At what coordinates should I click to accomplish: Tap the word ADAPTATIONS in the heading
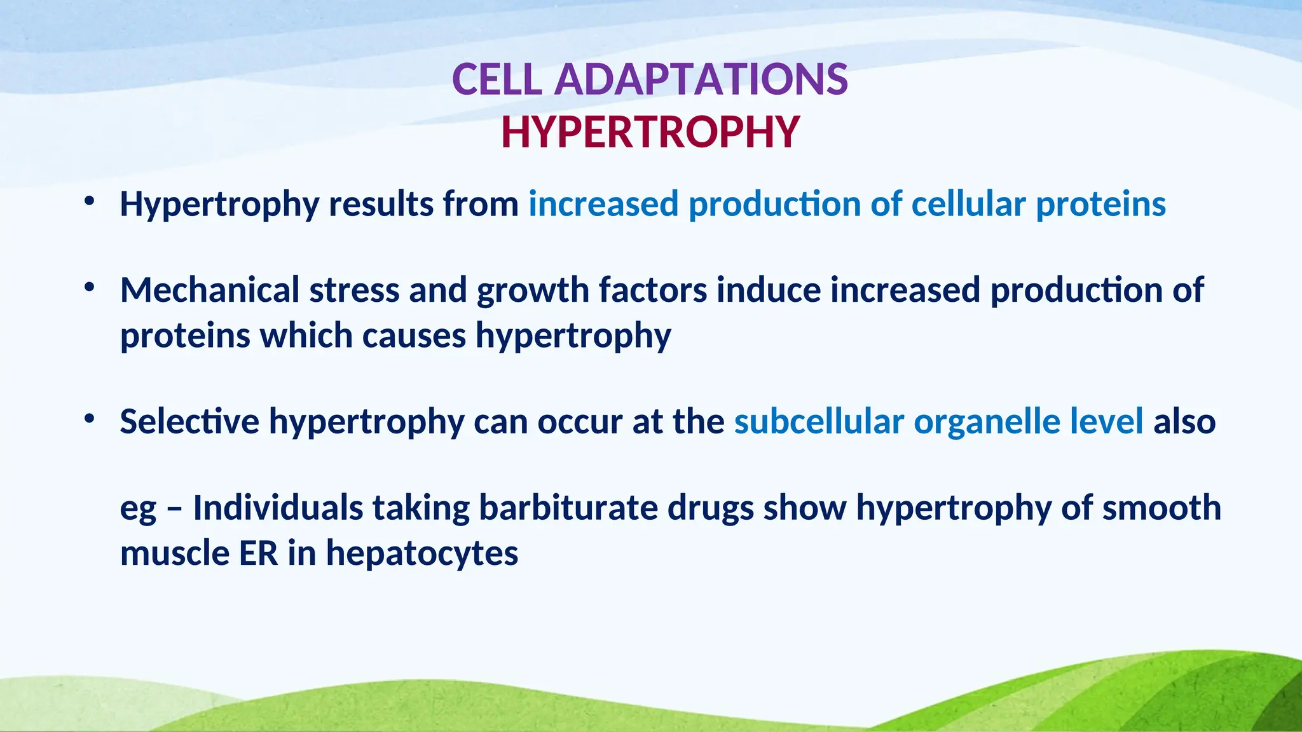pos(701,80)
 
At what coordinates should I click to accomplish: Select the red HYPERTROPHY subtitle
pos(650,133)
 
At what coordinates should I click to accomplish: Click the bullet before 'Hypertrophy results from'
pos(89,202)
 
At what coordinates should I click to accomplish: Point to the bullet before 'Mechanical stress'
pos(89,288)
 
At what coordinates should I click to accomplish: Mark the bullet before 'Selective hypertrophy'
pos(89,419)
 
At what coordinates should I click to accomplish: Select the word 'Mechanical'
pos(210,290)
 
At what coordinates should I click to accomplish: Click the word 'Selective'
pos(189,421)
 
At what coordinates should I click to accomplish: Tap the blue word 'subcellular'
pos(819,421)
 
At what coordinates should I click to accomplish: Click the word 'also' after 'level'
pos(1184,421)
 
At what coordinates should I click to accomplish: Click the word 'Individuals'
pos(277,508)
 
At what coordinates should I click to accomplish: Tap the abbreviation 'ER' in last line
pos(259,553)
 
